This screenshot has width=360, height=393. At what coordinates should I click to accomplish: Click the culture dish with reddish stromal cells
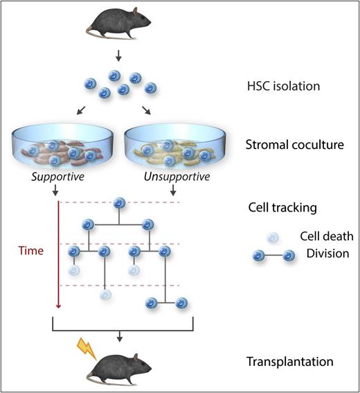[70, 149]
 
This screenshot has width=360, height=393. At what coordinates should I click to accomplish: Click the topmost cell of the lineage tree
[119, 203]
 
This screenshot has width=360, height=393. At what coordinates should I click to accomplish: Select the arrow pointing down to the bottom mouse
[120, 336]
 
